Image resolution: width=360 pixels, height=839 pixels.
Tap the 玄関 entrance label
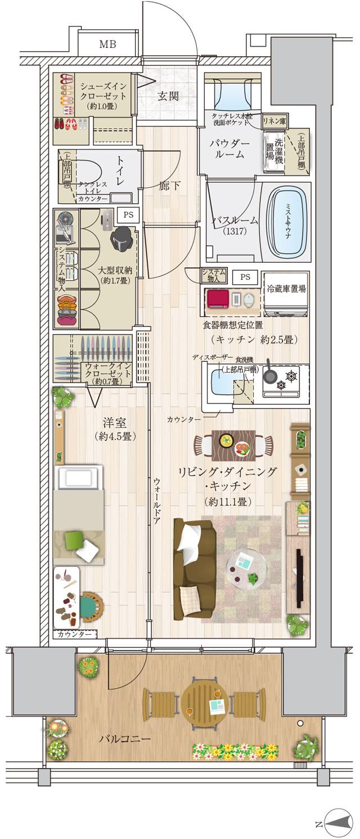click(167, 96)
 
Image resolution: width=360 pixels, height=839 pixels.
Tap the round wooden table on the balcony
click(204, 701)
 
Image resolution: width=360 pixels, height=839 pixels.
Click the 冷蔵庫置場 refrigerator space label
click(286, 289)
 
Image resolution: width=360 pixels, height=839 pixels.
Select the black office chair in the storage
click(122, 241)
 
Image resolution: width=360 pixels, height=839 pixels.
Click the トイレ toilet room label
click(120, 172)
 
